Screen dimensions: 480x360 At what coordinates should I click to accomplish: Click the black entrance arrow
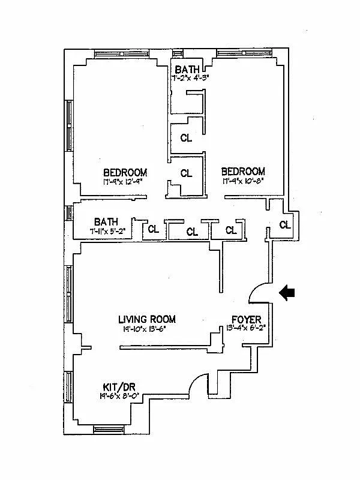coord(287,292)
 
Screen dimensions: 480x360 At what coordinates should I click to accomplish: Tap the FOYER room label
coord(247,319)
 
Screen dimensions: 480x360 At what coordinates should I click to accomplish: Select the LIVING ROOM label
coord(147,319)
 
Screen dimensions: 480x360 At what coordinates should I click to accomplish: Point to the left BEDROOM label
coord(125,172)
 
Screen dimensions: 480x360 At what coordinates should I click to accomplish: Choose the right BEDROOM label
coord(243,172)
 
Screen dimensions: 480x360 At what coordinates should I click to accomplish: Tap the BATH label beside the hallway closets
coord(106,221)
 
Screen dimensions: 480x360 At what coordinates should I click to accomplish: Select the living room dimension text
coord(147,329)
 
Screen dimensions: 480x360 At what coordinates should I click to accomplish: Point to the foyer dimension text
coord(247,328)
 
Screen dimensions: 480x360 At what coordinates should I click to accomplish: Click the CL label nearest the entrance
coord(284,226)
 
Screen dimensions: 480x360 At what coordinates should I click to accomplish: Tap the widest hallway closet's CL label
coord(192,231)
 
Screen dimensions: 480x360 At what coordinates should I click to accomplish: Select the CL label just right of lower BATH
coord(154,229)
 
